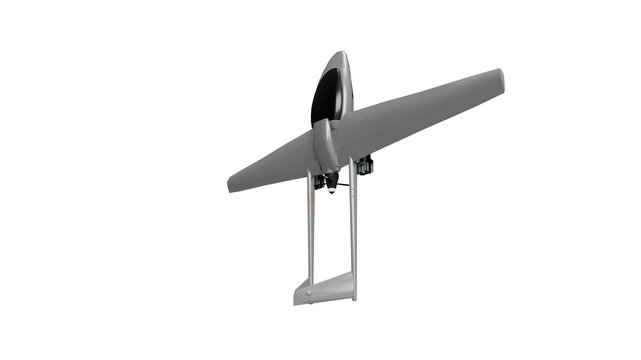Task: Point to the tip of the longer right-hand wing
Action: pyautogui.click(x=497, y=79)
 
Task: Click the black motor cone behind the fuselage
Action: pyautogui.click(x=331, y=182)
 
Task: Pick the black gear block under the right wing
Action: pyautogui.click(x=364, y=165)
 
